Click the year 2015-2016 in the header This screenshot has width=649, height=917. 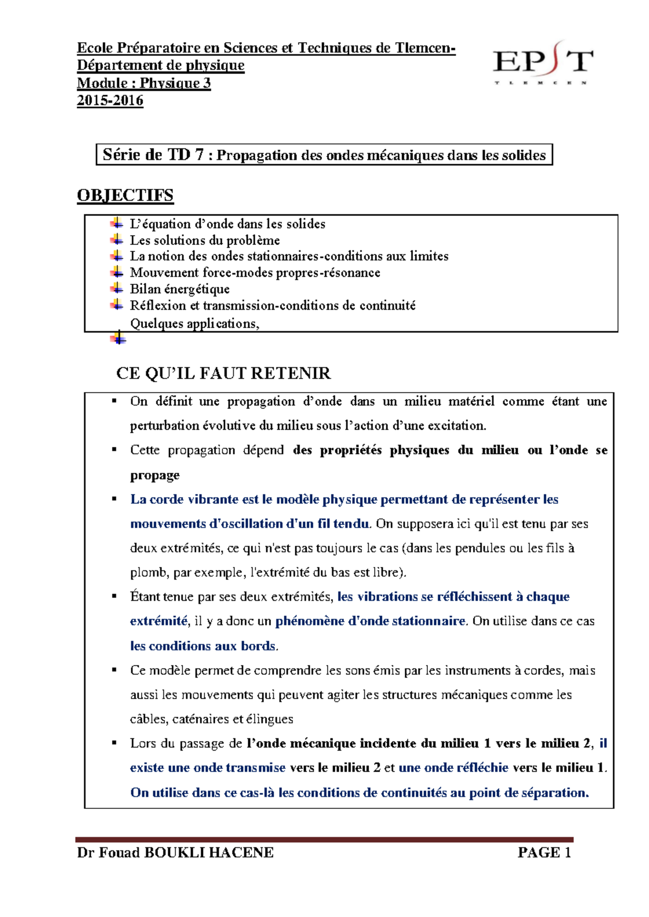coord(110,101)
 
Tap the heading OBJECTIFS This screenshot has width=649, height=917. coord(125,195)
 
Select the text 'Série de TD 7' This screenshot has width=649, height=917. coord(153,155)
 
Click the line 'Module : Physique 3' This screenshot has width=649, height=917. coord(143,83)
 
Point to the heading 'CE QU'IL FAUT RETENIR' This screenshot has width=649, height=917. coord(223,374)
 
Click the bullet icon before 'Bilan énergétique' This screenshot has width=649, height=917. coord(117,289)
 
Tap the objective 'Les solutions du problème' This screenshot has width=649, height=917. coord(204,240)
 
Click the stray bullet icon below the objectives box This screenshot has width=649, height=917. coord(118,339)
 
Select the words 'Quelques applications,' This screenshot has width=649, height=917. coord(195,324)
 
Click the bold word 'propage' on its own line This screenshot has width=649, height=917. coord(155,475)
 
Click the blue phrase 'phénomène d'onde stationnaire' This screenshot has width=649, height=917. coord(370,621)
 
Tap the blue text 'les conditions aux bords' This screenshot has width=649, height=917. coord(203,646)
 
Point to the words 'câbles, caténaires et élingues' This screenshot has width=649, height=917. coord(211,719)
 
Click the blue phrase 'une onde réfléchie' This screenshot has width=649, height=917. coord(453,768)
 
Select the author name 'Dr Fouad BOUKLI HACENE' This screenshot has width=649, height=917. coord(175,853)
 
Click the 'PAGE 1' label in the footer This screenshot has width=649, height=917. coord(544,853)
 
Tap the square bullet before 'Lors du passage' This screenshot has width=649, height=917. coord(114,743)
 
